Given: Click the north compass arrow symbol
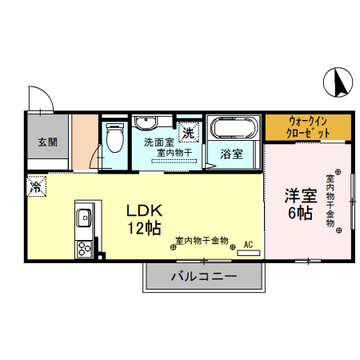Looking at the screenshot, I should (338, 81).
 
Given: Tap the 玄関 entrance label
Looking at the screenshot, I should (47, 142).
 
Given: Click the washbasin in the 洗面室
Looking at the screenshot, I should (145, 123).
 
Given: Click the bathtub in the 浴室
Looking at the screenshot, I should (233, 127).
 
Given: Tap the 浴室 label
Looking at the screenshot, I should (232, 154).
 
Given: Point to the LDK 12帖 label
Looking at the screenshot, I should (146, 218).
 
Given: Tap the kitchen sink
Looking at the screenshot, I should (83, 217).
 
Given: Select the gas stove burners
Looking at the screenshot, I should (83, 248).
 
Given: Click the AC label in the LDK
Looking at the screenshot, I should (248, 243).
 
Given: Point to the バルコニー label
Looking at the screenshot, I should (203, 278).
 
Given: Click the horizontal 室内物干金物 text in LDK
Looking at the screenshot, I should (202, 240).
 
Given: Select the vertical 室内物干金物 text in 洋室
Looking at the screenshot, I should (330, 201).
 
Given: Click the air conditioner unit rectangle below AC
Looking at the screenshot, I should (248, 252).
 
